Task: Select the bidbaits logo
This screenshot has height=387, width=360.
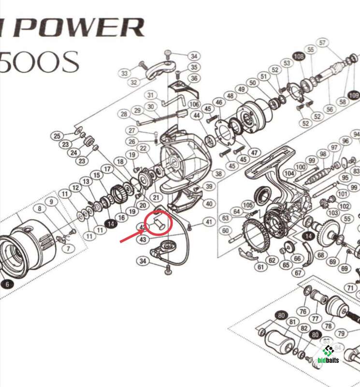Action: (x=329, y=355)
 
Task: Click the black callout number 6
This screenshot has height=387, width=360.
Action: (x=7, y=284)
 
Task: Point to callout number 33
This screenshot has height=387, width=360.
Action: (x=125, y=74)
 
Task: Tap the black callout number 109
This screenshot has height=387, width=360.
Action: (x=353, y=95)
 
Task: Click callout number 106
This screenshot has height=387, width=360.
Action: (x=194, y=104)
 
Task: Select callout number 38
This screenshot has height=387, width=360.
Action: (x=218, y=173)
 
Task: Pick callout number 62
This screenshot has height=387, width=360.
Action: (x=272, y=261)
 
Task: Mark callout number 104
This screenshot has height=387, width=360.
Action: (x=289, y=173)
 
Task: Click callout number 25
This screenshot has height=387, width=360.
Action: (x=57, y=136)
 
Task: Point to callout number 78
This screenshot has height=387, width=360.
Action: (x=328, y=327)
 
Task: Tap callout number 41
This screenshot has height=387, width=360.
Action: (x=208, y=222)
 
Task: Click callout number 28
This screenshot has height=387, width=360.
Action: (x=124, y=114)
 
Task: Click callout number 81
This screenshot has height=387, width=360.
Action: (x=292, y=322)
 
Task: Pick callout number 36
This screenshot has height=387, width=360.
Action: (x=194, y=78)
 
